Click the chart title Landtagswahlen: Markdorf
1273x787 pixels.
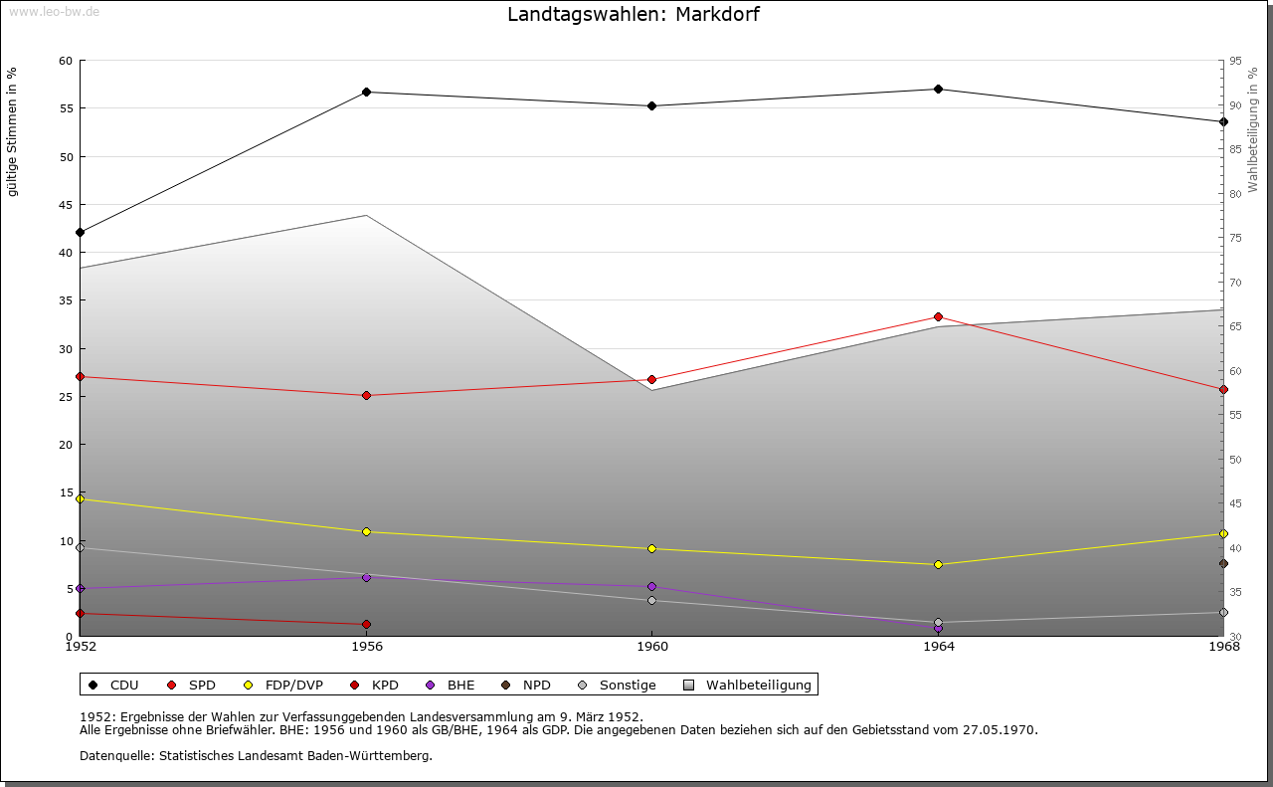tap(634, 15)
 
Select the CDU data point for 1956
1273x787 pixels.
tap(367, 93)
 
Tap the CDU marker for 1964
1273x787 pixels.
tap(938, 90)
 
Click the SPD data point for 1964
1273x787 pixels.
tap(938, 317)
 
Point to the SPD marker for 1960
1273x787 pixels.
tap(652, 380)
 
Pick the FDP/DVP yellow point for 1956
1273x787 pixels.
tap(367, 532)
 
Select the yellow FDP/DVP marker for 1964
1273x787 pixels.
tap(938, 565)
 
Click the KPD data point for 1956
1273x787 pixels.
tap(367, 625)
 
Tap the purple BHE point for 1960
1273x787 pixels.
tap(652, 587)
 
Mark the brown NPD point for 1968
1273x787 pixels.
tap(1223, 564)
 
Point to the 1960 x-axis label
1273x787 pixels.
tap(652, 648)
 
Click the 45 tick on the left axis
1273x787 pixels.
tap(66, 205)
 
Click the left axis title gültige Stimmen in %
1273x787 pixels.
tap(13, 132)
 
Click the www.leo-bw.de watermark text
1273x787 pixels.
tap(53, 12)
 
